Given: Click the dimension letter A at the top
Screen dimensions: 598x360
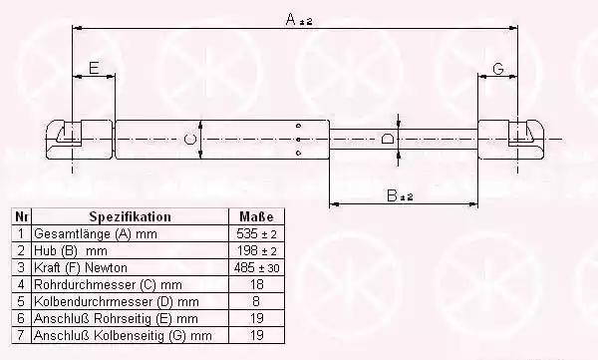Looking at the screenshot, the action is click(291, 19).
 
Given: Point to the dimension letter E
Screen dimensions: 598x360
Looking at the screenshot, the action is click(94, 68).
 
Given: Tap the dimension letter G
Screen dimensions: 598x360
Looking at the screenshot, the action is click(498, 69).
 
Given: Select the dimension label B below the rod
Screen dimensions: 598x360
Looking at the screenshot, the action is click(392, 195).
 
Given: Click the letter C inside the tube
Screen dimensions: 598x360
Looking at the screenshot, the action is click(189, 139).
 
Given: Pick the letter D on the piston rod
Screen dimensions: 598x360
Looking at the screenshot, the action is click(388, 139).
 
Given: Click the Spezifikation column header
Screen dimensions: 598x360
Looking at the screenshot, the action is click(130, 216).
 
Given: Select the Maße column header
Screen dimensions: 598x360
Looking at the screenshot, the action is click(256, 216).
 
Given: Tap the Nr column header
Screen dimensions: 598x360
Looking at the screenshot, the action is click(21, 216).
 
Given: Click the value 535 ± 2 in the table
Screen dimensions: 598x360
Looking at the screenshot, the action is click(256, 233).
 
